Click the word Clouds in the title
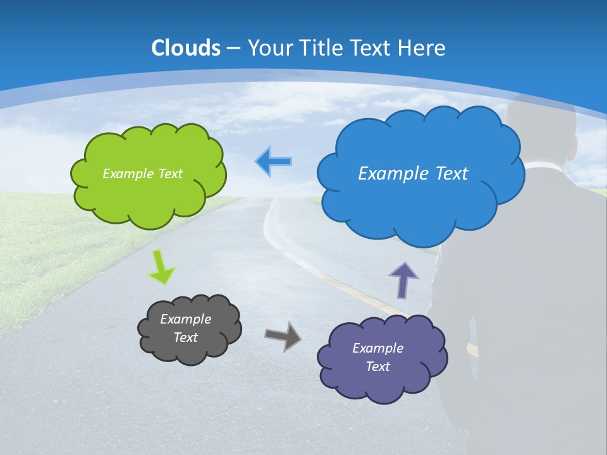pyautogui.click(x=186, y=48)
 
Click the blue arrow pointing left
pyautogui.click(x=273, y=162)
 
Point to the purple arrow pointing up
pyautogui.click(x=403, y=280)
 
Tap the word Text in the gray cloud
pyautogui.click(x=186, y=337)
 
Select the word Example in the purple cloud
pyautogui.click(x=377, y=348)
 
